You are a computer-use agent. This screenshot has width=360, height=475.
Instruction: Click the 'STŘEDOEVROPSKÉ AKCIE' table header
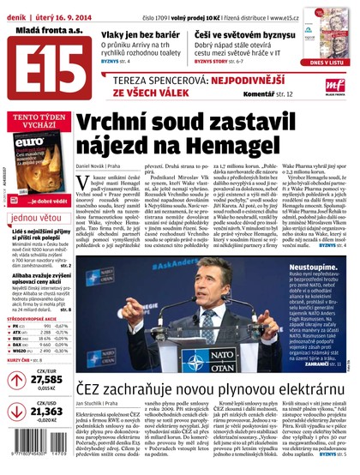(x=36, y=317)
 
